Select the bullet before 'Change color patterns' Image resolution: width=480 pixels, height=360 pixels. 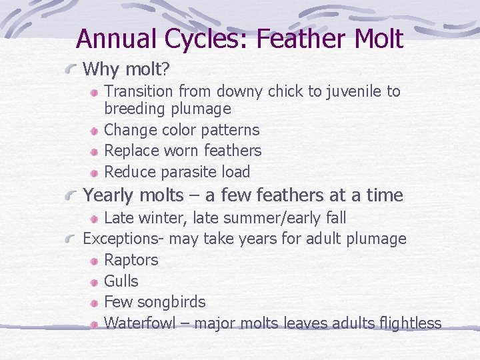click(95, 131)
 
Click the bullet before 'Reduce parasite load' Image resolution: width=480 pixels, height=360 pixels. click(95, 173)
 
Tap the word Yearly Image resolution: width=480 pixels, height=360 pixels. click(110, 195)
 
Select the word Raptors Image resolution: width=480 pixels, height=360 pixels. click(131, 260)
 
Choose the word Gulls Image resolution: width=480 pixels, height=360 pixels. click(121, 281)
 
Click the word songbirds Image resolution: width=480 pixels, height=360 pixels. click(172, 303)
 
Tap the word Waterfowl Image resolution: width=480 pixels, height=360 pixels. click(140, 323)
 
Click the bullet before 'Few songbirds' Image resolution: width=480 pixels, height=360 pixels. click(95, 303)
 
